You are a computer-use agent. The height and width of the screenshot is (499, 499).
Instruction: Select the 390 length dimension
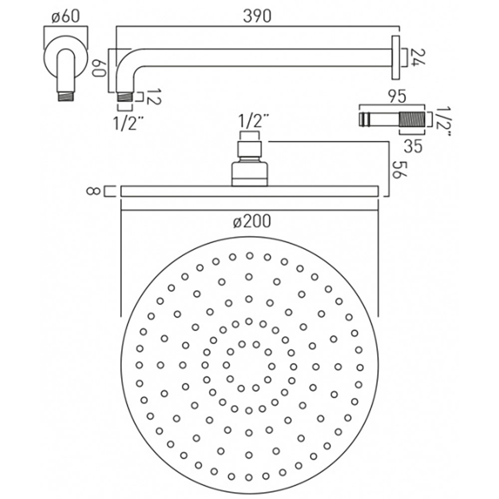258,16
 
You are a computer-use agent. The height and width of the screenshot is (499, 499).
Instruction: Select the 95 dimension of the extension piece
398,95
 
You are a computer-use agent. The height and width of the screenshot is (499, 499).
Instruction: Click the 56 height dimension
397,170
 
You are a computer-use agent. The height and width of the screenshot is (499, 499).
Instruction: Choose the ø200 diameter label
252,222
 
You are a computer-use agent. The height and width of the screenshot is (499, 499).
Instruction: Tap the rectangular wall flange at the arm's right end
396,57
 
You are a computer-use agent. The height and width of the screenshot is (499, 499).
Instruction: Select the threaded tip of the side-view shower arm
125,95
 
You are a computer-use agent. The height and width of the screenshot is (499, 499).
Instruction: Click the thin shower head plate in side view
249,191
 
